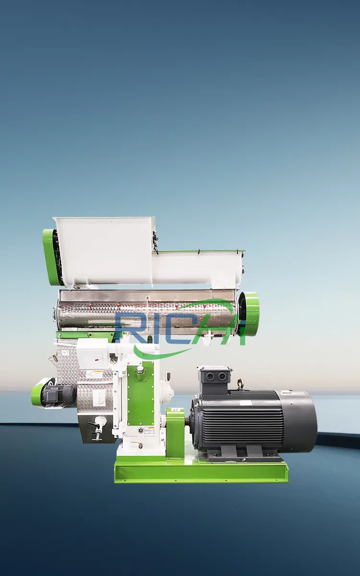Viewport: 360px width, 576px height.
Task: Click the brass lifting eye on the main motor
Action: (x=240, y=383)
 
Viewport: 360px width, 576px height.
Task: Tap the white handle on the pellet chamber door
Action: (x=100, y=422)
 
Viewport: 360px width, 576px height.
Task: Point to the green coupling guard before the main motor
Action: (x=175, y=432)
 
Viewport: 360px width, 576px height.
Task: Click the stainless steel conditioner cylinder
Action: (x=144, y=312)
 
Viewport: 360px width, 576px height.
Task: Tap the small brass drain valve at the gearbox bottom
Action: (x=140, y=445)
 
